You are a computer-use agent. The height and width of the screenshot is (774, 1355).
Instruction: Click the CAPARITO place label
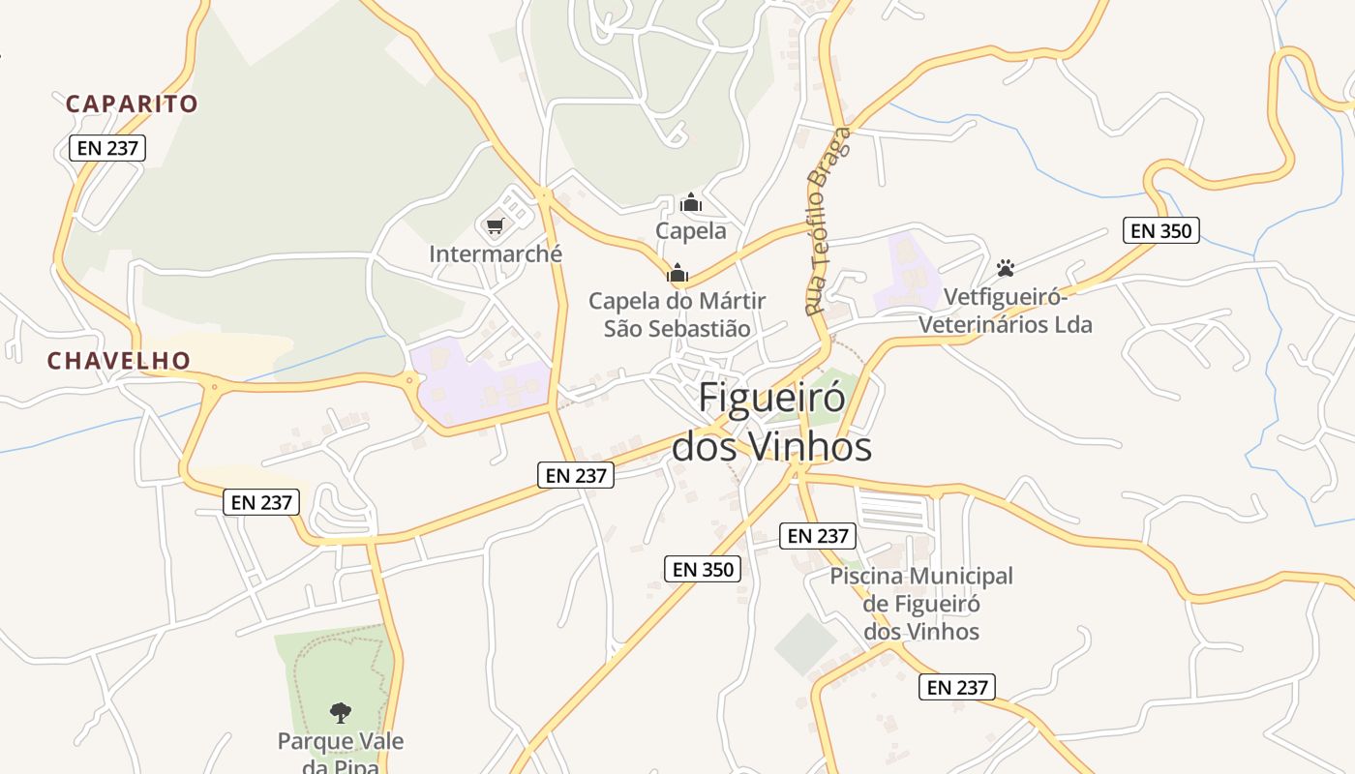coord(132,104)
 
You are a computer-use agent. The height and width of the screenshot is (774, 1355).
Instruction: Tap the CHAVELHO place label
coord(119,361)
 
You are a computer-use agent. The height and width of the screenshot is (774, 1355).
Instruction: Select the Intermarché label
coord(496,254)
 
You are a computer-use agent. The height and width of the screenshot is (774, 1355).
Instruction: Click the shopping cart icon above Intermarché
coord(496,226)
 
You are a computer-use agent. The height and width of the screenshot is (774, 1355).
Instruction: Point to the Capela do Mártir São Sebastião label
coord(677,314)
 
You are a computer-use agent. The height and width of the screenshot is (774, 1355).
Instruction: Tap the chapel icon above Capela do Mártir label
coord(677,273)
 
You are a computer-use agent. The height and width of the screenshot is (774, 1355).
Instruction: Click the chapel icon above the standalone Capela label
coord(691,202)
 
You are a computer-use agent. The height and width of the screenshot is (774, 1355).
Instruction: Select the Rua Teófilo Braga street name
coord(828,222)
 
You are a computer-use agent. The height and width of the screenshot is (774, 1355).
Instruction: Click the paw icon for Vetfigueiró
coord(1006,268)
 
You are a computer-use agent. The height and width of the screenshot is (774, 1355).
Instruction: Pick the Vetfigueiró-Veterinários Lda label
coord(1005,311)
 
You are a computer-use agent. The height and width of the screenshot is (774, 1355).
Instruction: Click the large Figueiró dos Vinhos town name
coord(771,422)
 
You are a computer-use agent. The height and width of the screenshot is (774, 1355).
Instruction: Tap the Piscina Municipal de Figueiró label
coord(921,604)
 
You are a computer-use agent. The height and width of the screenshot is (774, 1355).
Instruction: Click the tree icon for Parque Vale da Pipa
coord(340,713)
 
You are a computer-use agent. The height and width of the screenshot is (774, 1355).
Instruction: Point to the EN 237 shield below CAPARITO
coord(107,148)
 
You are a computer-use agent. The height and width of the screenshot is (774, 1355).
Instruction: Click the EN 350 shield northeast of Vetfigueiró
coord(1161,230)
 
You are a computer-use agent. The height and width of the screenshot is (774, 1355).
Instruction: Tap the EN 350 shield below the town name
coord(704,569)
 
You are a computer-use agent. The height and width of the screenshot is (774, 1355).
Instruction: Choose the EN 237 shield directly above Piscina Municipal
coord(818,536)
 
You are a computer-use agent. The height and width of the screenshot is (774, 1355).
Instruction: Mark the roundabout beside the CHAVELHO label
coord(213,388)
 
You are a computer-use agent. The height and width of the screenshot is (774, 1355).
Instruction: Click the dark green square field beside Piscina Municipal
coord(805,643)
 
